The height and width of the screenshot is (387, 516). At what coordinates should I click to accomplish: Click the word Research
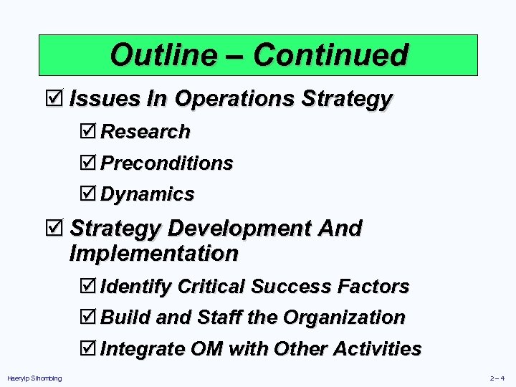point(145,132)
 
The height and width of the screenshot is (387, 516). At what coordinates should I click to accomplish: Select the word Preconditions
point(167,163)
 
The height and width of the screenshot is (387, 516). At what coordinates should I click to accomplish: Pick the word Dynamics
point(148,194)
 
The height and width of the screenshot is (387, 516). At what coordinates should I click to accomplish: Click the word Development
point(238,229)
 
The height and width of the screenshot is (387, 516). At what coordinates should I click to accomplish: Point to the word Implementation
point(153,254)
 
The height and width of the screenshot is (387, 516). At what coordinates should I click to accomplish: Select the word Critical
point(212,287)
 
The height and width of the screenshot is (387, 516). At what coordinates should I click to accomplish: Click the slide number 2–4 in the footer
point(497,378)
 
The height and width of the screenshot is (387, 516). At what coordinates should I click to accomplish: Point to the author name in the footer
point(34,378)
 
